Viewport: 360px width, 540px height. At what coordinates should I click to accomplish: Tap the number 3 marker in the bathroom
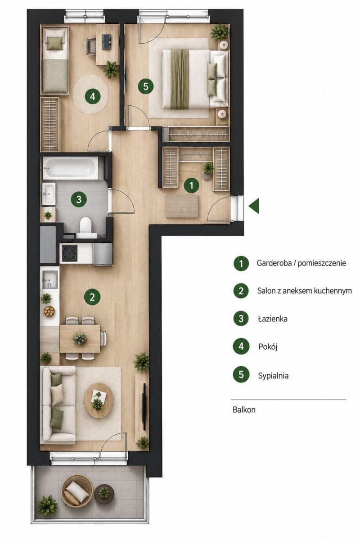[x=79, y=199]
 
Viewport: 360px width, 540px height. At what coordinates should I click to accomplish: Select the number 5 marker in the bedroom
[x=146, y=86]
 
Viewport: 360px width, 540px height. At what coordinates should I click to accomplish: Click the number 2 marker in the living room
[x=92, y=297]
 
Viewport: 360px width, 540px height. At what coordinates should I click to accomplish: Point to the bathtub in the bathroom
[x=70, y=168]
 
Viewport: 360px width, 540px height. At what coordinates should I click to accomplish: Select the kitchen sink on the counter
[x=50, y=279]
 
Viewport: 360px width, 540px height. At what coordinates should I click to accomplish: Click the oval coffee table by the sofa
[x=99, y=400]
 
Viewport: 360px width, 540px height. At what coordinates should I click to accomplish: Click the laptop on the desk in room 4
[x=106, y=42]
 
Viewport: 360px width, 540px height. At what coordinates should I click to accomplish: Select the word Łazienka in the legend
[x=273, y=319]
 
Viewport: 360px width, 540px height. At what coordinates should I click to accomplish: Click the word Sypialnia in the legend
[x=273, y=375]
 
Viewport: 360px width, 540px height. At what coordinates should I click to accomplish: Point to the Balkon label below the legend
[x=244, y=409]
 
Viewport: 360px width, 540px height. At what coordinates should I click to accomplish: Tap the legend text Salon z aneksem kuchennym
[x=305, y=291]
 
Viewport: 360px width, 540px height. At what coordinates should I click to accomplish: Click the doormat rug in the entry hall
[x=182, y=207]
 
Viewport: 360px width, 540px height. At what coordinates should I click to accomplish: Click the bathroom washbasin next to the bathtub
[x=49, y=193]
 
